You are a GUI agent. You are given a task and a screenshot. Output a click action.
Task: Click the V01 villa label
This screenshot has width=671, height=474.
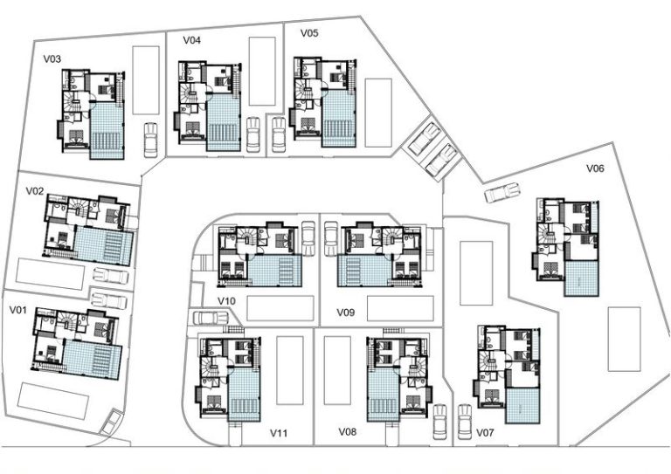(x=18, y=310)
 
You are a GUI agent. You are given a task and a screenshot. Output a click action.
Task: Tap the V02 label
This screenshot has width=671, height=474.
(x=35, y=191)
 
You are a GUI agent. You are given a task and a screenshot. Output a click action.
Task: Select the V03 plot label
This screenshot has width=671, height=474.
(x=52, y=59)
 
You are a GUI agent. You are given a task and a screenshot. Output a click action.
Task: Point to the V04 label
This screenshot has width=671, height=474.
(x=191, y=40)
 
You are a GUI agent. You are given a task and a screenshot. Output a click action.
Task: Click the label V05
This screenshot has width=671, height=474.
(x=309, y=33)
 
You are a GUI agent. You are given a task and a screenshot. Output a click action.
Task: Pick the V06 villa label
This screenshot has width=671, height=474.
(x=595, y=168)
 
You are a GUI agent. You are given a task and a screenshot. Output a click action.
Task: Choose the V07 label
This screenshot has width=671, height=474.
(x=485, y=433)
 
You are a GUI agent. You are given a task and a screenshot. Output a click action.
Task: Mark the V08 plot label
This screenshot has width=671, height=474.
(x=348, y=432)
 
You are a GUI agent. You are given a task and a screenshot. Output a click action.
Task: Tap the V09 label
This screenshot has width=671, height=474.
(x=346, y=313)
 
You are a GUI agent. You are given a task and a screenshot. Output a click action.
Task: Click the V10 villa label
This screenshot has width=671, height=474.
(x=226, y=301)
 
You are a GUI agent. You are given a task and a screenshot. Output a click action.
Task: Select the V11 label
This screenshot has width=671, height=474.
(x=279, y=433)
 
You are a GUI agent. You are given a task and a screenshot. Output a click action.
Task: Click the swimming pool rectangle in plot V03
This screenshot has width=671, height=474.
(x=146, y=80)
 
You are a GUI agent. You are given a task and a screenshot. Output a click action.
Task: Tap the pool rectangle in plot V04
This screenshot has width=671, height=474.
(x=262, y=71)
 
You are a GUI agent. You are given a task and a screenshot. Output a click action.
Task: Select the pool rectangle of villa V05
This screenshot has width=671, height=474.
(x=378, y=113)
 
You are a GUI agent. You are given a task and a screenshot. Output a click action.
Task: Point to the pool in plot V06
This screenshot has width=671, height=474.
(x=625, y=339)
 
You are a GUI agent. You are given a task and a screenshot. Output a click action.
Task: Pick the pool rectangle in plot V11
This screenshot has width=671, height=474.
(x=290, y=370)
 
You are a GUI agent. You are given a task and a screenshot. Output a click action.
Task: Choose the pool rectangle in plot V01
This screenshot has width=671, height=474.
(x=53, y=401)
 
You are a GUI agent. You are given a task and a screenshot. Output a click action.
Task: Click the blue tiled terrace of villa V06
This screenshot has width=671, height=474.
(x=581, y=278)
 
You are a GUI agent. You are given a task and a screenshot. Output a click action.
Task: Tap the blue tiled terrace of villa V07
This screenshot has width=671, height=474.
(x=522, y=406)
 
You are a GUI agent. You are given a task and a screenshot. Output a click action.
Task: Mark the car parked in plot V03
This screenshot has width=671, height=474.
(x=150, y=140)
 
